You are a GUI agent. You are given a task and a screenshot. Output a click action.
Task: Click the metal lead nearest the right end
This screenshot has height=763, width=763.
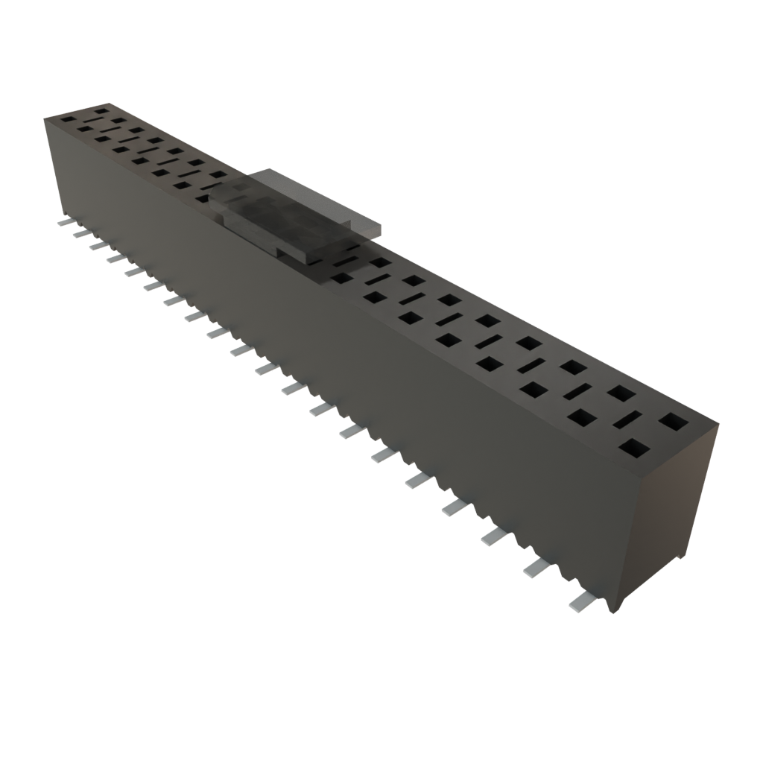coord(580,601)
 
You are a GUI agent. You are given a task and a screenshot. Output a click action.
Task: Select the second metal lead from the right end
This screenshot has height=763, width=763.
coord(536,569)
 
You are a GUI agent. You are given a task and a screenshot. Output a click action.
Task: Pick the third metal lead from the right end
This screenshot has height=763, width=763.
coord(494,536)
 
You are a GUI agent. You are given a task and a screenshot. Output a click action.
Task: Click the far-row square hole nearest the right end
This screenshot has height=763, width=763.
coord(674,422)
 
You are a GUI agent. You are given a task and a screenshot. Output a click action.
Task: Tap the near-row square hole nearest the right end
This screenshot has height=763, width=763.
coord(633,449)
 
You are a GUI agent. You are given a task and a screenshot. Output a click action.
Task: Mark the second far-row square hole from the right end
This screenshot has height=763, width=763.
coord(620,393)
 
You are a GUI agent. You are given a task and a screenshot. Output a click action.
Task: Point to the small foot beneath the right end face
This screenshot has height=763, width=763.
coord(679,557)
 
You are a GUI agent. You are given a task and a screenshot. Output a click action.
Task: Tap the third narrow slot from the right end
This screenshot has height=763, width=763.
coord(533,366)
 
